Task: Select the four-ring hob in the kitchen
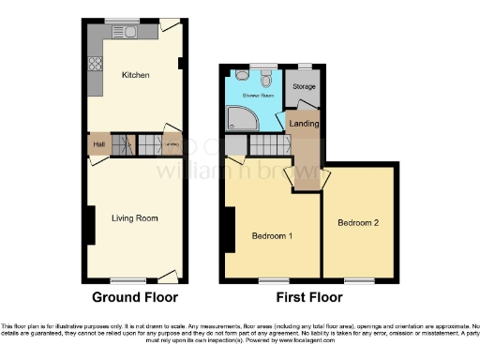94,65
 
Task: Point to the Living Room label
134,218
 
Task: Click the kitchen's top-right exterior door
169,26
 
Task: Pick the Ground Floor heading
134,298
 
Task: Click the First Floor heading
309,298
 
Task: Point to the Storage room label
304,87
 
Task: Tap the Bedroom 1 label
272,235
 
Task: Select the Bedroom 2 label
358,223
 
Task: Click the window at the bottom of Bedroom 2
357,280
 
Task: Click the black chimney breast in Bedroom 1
227,228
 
